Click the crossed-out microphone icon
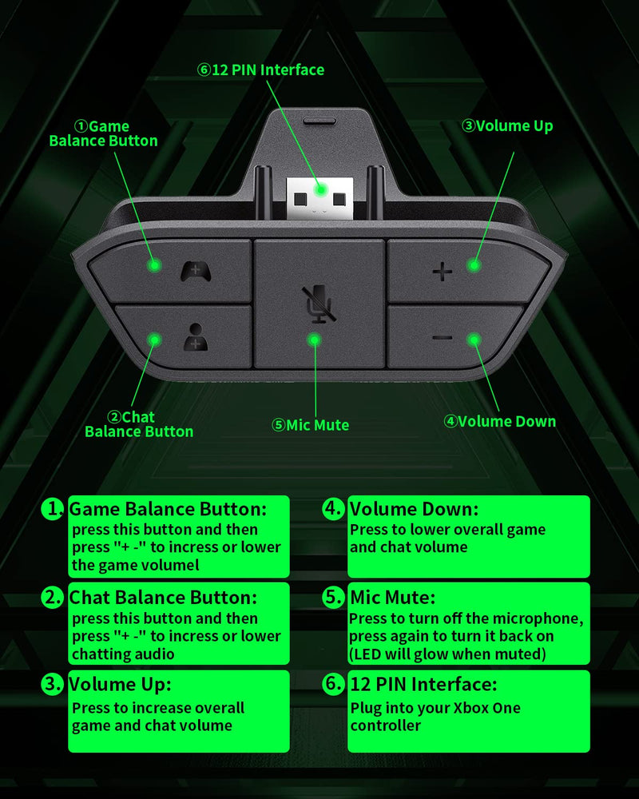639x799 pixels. coord(318,304)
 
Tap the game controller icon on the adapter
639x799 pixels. coord(195,271)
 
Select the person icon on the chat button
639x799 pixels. coord(195,337)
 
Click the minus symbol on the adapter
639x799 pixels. coord(442,337)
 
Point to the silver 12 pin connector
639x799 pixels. coord(319,199)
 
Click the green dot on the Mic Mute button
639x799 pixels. coord(316,340)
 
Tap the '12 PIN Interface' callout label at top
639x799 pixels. coord(261,70)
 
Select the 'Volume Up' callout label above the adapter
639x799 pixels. coord(507,125)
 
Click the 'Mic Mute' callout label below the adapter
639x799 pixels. coord(311,425)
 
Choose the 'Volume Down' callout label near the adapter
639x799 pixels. coord(499,421)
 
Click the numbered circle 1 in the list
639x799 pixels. coord(53,508)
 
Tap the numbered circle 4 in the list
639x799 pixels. coord(333,508)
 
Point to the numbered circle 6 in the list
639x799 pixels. coord(333,683)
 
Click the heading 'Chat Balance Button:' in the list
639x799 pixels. coord(163,597)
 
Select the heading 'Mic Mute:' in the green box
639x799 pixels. coord(392,597)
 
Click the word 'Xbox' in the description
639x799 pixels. coord(470,708)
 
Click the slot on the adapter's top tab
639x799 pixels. coord(319,121)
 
